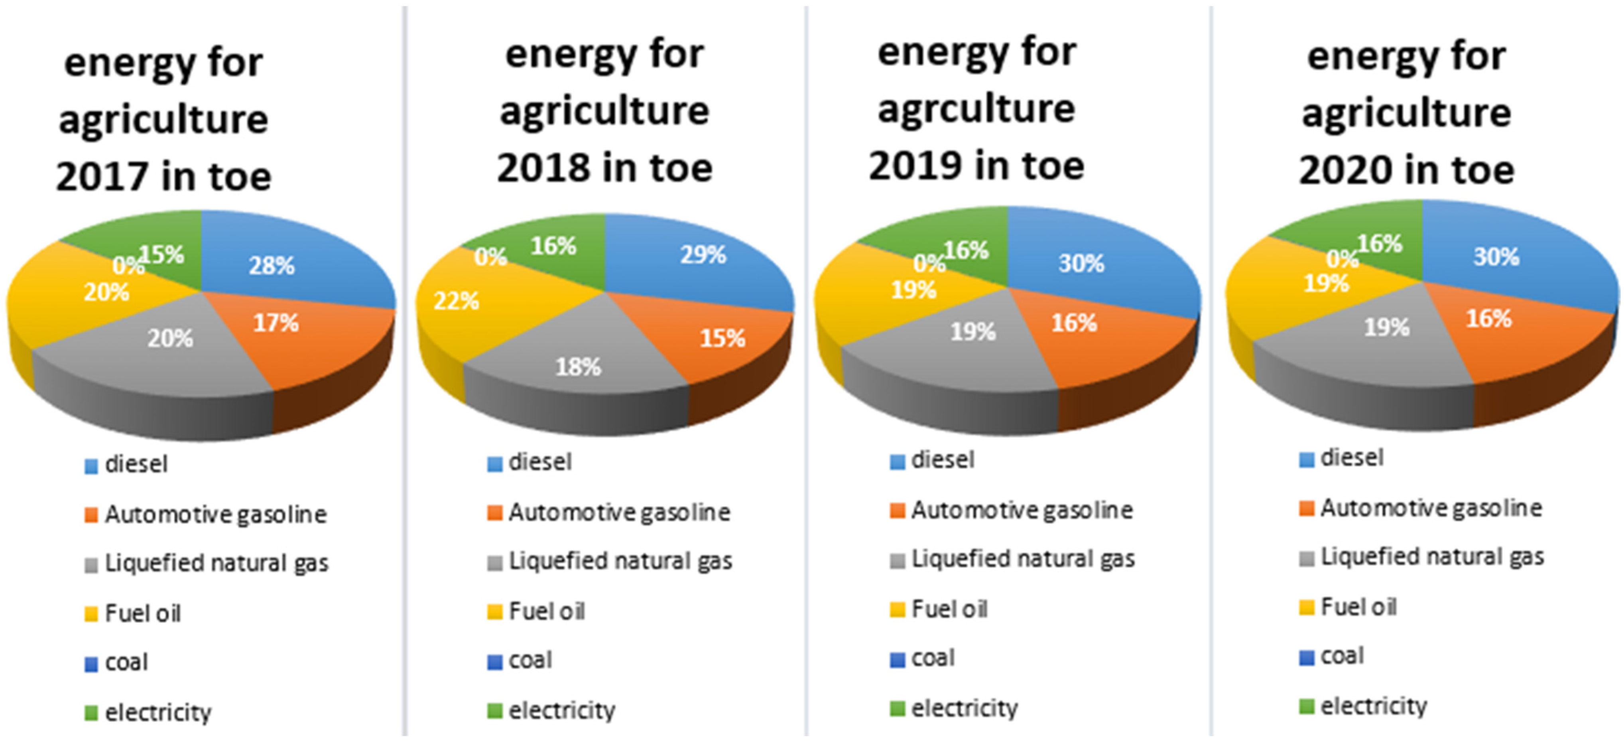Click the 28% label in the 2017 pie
tap(271, 265)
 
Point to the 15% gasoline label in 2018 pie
tap(722, 339)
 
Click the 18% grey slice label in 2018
tap(577, 367)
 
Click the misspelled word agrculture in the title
tap(976, 108)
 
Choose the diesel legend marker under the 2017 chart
tap(91, 467)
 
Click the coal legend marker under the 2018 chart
tap(495, 662)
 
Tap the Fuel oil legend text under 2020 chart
tap(1358, 607)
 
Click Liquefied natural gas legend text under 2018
tap(620, 561)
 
